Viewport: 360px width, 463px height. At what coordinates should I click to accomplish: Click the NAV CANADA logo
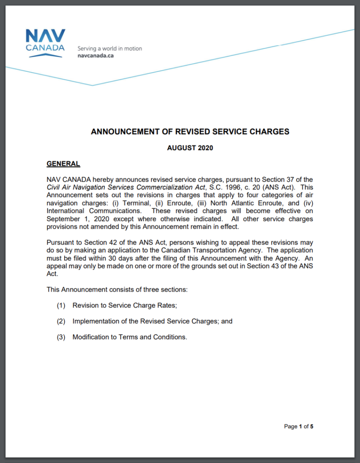[x=45, y=43]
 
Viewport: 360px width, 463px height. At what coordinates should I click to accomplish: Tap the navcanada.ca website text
[x=95, y=56]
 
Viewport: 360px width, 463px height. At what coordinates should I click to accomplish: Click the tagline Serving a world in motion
[x=109, y=48]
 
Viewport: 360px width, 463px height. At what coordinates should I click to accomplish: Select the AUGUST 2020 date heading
[x=190, y=148]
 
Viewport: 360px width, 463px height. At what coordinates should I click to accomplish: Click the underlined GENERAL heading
[x=63, y=164]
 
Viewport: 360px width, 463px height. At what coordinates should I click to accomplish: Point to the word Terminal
[x=136, y=203]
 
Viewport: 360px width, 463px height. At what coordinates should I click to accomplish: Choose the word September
[x=63, y=219]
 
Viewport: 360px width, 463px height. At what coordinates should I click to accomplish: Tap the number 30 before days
[x=103, y=258]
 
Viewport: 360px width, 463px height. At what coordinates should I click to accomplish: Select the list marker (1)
[x=61, y=306]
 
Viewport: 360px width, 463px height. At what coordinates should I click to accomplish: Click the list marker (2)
[x=61, y=321]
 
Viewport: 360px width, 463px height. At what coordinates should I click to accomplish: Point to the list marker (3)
[x=61, y=337]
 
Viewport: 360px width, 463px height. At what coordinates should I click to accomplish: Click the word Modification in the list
[x=90, y=337]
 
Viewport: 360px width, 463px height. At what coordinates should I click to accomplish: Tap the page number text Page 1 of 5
[x=298, y=426]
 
